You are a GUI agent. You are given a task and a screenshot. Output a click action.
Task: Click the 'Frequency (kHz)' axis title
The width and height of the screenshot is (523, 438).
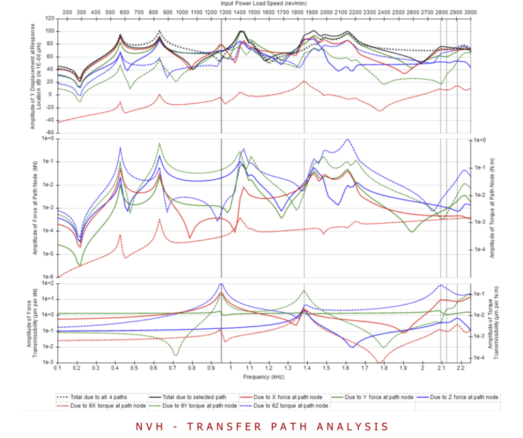point(264,376)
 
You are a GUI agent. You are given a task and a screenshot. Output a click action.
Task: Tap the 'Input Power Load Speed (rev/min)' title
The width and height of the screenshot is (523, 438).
point(264,4)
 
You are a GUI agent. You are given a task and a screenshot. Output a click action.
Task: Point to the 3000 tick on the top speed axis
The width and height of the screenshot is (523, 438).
point(471,12)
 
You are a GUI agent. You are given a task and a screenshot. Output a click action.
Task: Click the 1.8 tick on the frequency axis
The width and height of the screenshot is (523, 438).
point(384,368)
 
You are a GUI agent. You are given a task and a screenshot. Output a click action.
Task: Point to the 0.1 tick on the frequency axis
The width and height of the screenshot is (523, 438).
point(57,368)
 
